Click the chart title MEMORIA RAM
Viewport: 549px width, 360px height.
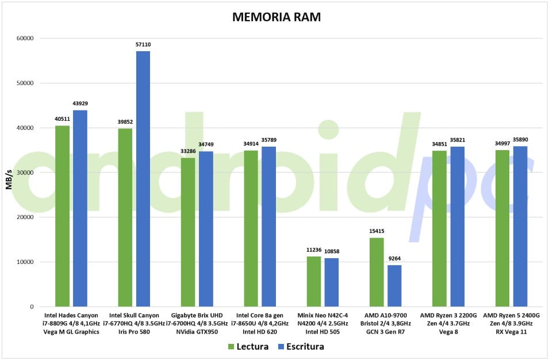tap(276, 17)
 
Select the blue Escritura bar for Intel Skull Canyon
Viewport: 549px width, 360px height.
tap(143, 179)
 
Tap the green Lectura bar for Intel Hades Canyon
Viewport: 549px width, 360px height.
tap(62, 216)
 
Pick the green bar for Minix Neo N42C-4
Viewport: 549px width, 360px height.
tap(314, 282)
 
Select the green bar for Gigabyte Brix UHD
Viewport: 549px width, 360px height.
tap(188, 232)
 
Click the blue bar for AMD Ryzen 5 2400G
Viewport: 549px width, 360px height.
tap(520, 227)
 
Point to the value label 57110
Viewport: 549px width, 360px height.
tap(143, 44)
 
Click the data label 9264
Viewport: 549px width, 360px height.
tap(395, 259)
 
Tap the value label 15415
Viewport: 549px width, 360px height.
tap(377, 231)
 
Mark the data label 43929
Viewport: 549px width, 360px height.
tap(80, 104)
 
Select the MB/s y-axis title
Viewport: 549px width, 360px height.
tap(9, 173)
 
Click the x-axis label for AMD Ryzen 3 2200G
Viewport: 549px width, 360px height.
tap(448, 323)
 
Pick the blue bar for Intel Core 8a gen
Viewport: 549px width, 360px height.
tap(268, 227)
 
